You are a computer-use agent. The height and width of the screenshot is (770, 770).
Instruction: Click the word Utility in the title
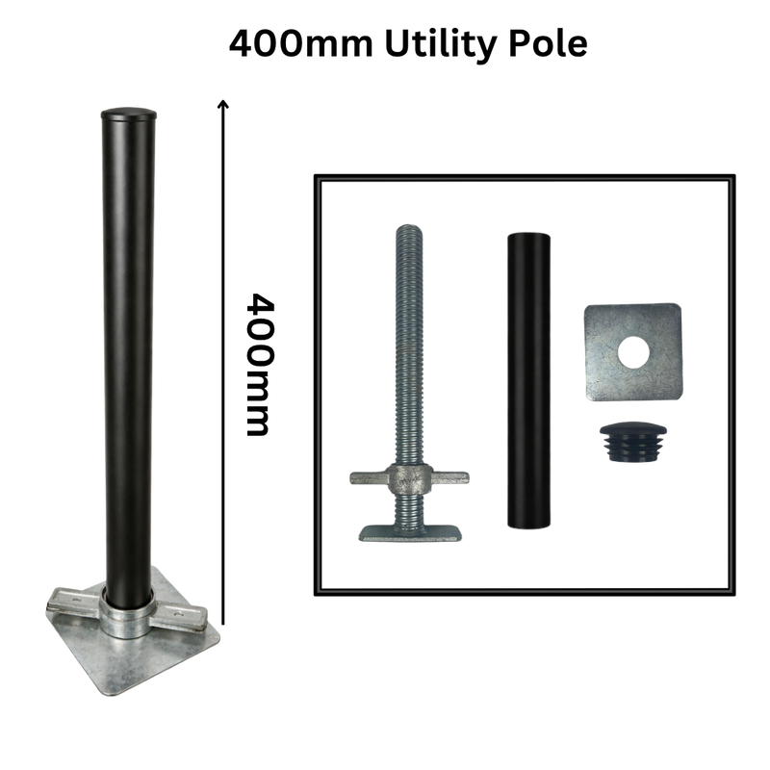(x=441, y=45)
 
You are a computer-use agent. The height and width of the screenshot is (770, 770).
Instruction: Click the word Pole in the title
(x=548, y=43)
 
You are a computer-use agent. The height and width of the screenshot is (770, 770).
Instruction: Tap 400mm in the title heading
(x=301, y=43)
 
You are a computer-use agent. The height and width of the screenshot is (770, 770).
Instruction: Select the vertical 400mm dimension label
(x=259, y=365)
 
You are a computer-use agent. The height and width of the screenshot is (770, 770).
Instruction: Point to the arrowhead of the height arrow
(x=223, y=103)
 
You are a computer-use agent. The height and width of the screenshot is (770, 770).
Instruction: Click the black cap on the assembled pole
(x=129, y=115)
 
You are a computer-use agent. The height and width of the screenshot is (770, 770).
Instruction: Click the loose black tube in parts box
(x=528, y=381)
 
